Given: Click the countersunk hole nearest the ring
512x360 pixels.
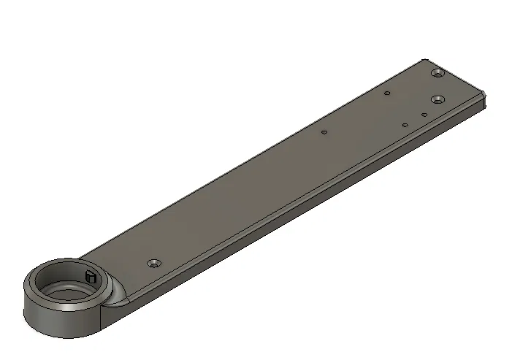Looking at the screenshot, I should [x=154, y=262].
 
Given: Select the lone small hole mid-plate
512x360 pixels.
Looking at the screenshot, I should [x=324, y=133].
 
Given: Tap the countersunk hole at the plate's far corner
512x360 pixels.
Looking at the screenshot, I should [x=438, y=74].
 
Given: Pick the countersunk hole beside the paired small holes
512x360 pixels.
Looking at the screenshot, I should [x=438, y=99].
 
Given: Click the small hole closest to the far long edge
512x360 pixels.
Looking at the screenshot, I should [x=387, y=93].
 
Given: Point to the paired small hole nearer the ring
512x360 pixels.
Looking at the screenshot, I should [x=405, y=125].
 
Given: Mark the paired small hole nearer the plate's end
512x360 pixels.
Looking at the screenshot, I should [x=424, y=115].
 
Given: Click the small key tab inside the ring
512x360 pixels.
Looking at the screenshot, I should [x=91, y=277].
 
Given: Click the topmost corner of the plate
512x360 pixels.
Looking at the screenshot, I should [x=426, y=60].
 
